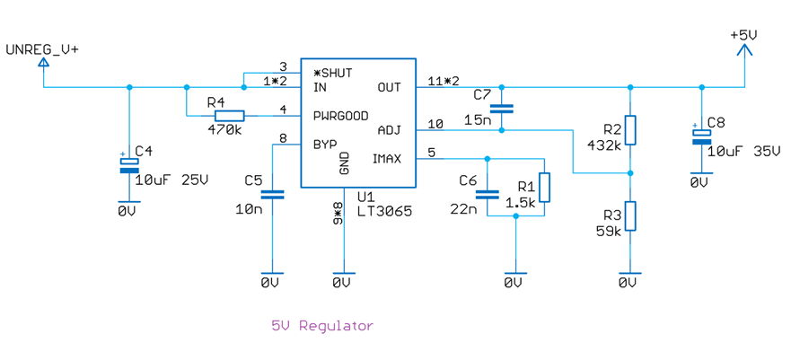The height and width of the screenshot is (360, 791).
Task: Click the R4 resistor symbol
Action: [229, 115]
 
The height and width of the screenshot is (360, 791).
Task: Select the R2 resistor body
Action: [630, 130]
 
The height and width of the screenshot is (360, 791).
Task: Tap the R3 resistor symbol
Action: [630, 216]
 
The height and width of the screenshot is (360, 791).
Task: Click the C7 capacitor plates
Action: [501, 109]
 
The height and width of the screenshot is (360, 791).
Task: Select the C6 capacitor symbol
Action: [487, 193]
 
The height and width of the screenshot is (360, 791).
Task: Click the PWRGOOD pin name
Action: [341, 116]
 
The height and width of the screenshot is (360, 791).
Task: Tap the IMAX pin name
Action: [387, 159]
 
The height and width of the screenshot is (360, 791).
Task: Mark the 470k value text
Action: [224, 129]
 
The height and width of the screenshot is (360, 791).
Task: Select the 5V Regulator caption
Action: [321, 325]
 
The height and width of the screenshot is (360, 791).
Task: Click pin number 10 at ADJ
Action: [435, 124]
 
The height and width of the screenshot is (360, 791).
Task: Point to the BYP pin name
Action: [324, 144]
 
